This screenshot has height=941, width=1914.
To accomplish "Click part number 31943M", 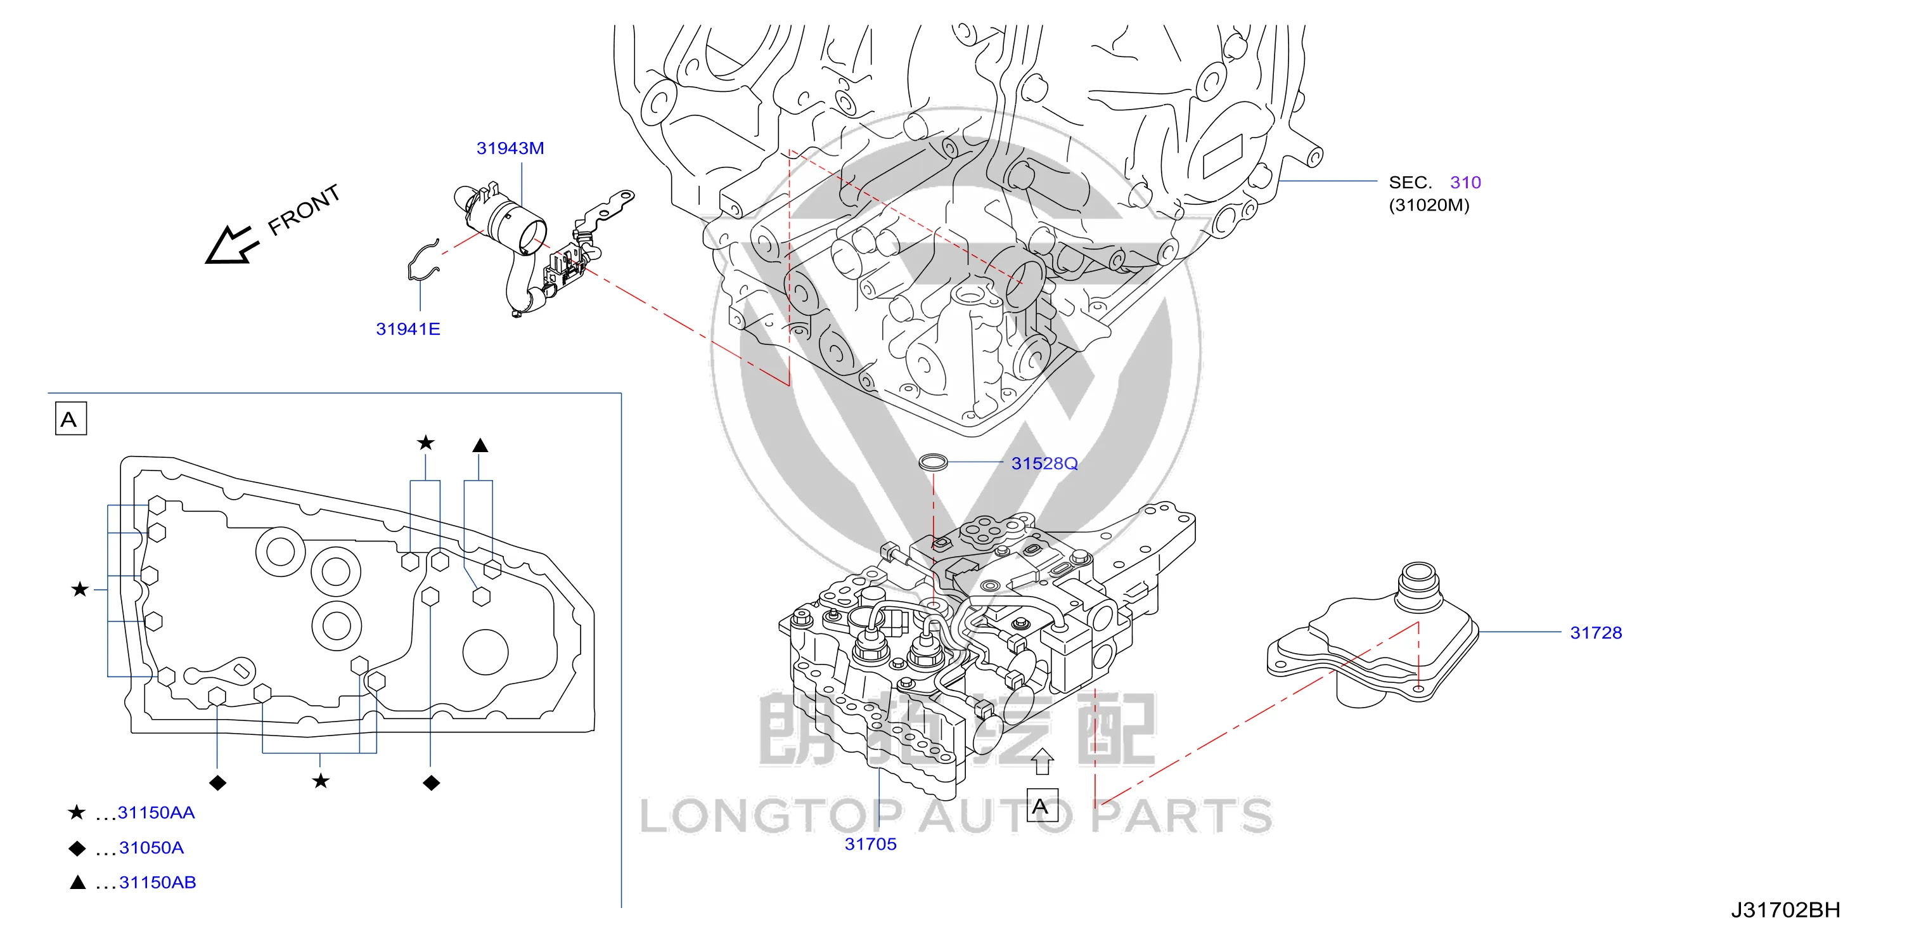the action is click(510, 148).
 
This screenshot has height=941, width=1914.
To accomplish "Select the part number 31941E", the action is click(408, 328).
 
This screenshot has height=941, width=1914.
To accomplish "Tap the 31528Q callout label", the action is click(1044, 463).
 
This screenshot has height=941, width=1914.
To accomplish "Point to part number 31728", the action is click(1595, 633).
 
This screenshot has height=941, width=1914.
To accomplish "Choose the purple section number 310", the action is click(1465, 182).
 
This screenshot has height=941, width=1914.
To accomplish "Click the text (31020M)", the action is click(1429, 205).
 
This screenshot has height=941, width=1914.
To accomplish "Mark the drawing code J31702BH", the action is click(1785, 910).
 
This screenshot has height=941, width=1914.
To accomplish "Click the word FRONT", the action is click(304, 210).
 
